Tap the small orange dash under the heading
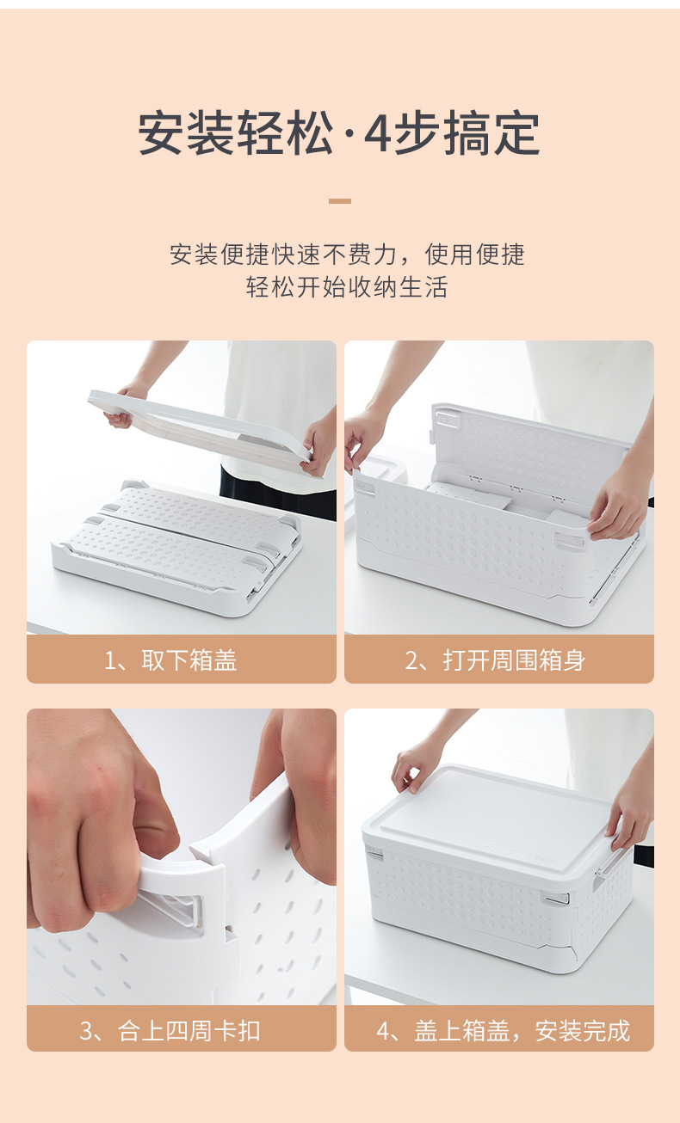click(x=340, y=201)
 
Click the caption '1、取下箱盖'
click(x=170, y=660)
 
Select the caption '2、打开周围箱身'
click(x=495, y=660)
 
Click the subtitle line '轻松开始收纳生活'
click(x=347, y=287)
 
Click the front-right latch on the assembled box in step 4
click(x=556, y=899)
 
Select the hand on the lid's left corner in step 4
click(x=417, y=767)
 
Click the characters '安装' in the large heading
click(x=186, y=134)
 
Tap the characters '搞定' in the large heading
click(x=491, y=134)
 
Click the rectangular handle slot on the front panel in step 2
click(x=569, y=542)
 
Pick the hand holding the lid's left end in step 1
click(x=126, y=405)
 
